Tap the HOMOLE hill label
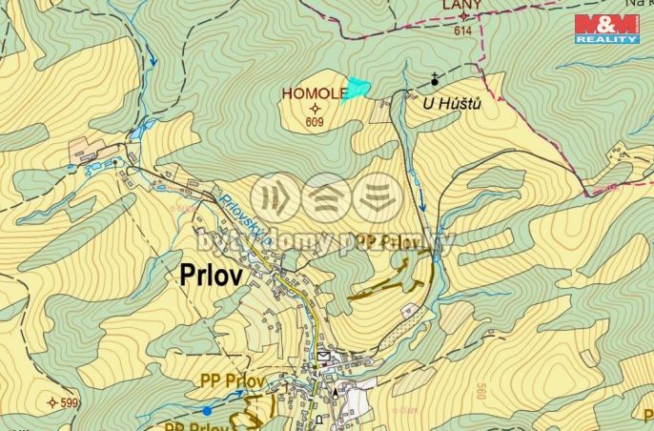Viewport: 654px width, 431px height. coord(314,93)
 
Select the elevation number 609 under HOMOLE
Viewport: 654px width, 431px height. coord(315,122)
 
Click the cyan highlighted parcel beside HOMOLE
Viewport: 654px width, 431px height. coord(356,88)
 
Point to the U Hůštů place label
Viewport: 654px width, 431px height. coord(452,102)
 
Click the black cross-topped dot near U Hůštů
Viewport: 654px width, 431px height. coord(435,83)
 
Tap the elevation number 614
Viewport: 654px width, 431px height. coord(463,31)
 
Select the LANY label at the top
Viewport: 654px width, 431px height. coord(462,6)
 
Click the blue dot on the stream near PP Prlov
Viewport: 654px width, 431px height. coord(207,410)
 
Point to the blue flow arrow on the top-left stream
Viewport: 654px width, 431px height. coord(153,58)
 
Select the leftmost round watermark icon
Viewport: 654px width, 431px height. coord(276,197)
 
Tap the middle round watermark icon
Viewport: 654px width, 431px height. coord(327,197)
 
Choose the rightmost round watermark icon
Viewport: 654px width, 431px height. coord(378,197)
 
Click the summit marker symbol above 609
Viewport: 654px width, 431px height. coord(315,108)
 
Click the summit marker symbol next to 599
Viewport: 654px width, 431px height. coord(51,403)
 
